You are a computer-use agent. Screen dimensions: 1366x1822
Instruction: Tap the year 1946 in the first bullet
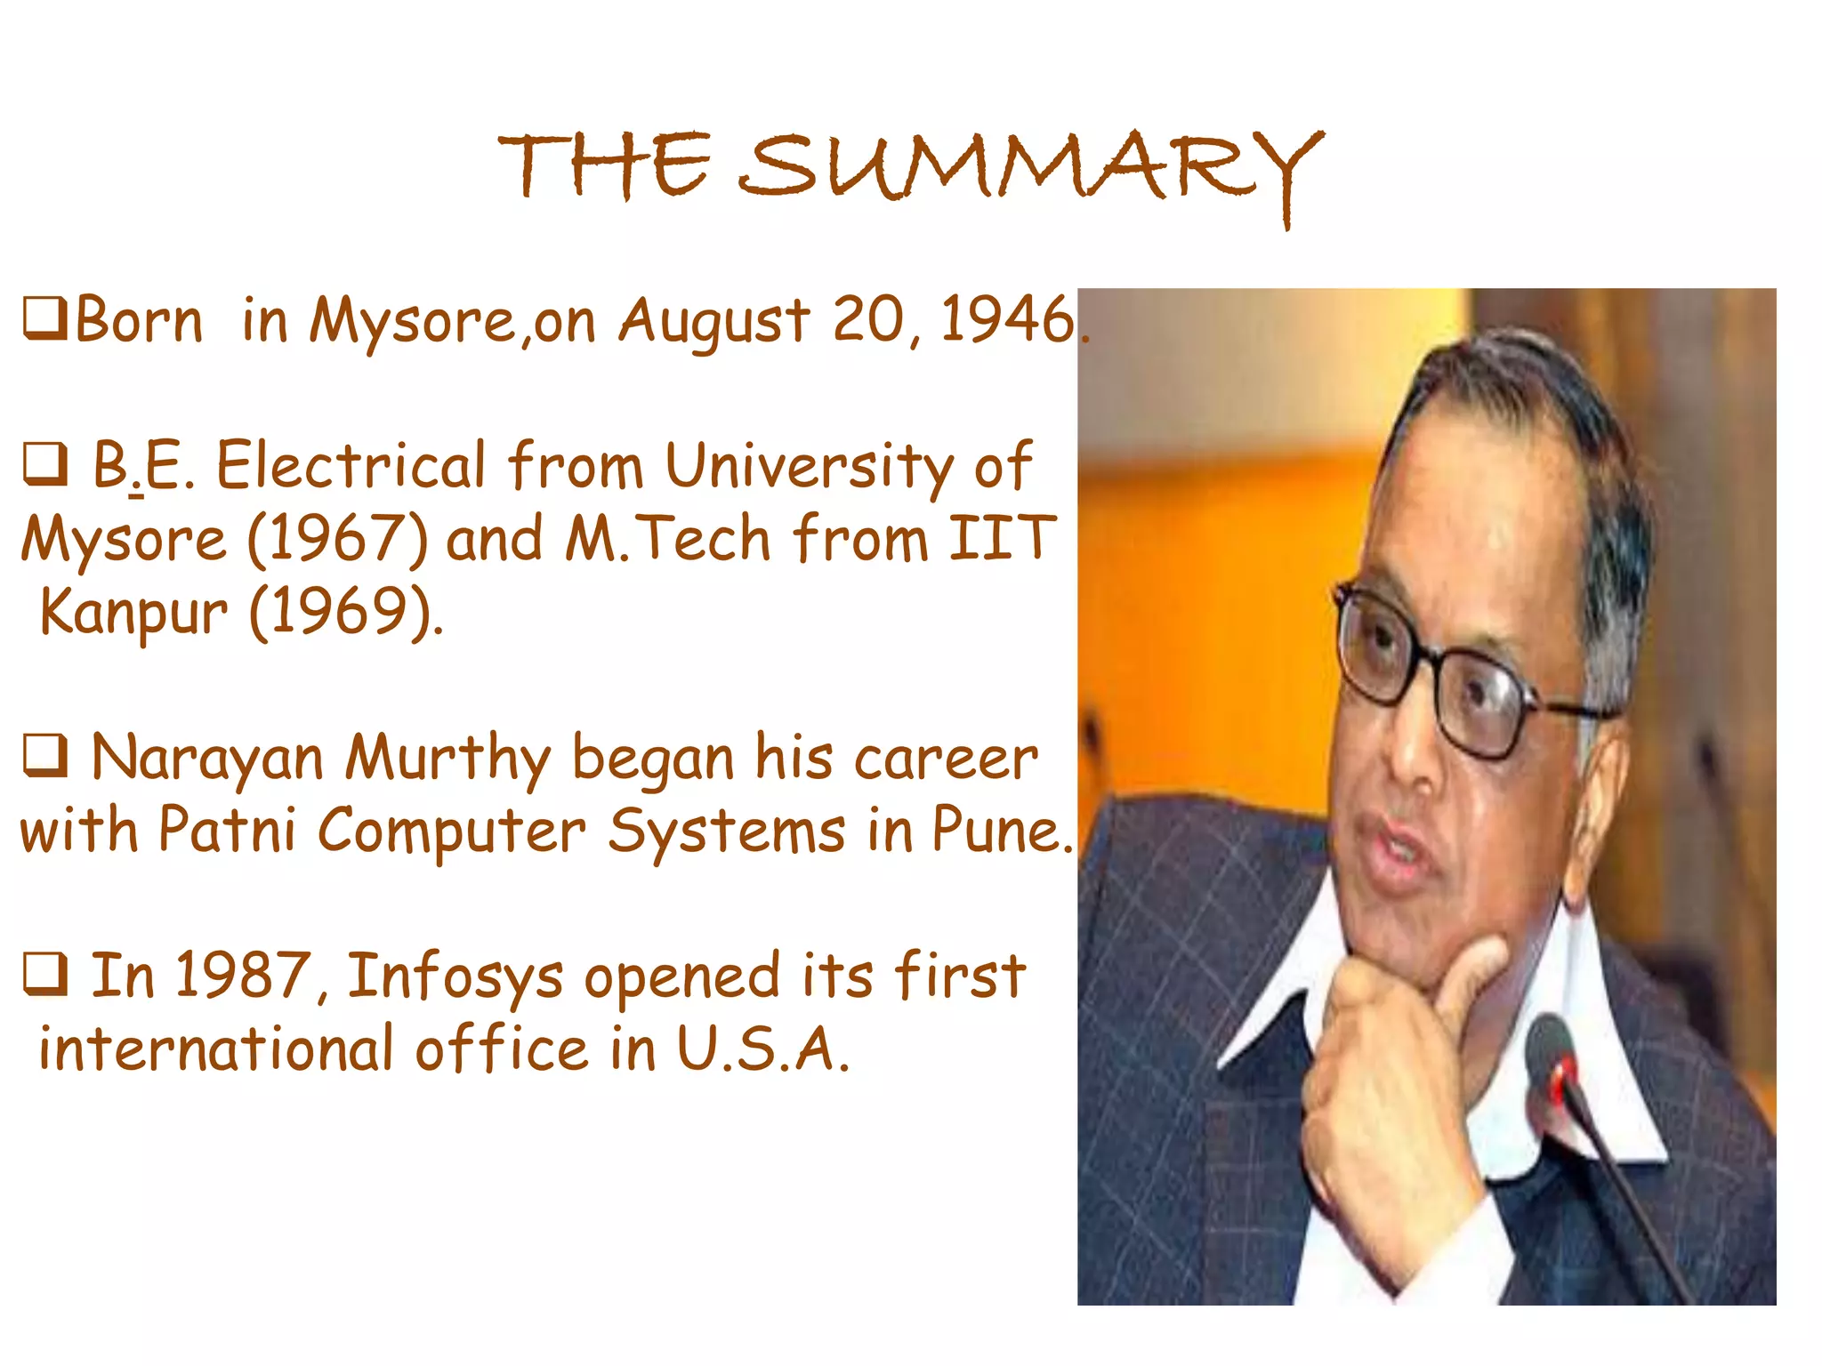1007,320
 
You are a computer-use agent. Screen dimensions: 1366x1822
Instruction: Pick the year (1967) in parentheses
337,541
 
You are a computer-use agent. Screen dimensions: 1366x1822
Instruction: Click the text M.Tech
667,539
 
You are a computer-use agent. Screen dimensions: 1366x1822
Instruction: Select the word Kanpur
133,614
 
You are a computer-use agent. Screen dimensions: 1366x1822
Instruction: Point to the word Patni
227,831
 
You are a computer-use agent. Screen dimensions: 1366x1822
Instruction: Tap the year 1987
242,976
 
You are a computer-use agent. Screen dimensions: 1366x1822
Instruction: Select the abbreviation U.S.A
762,1049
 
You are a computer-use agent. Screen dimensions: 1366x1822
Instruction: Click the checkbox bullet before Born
44,320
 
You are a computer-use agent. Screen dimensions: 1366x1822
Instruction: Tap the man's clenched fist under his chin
1388,1067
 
